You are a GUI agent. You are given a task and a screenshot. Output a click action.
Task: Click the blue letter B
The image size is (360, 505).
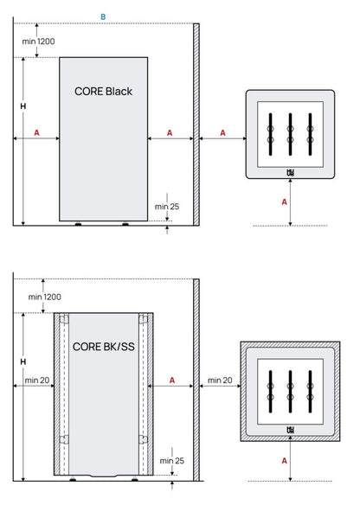(103, 16)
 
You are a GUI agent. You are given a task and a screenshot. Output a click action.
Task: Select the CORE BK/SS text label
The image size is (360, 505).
(104, 347)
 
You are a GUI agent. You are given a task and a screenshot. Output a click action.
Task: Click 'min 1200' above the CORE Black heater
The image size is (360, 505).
(39, 41)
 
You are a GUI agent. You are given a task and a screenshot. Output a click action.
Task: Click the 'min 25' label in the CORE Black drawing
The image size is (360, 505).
(167, 207)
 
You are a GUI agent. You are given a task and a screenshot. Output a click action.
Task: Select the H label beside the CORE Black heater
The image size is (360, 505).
(22, 105)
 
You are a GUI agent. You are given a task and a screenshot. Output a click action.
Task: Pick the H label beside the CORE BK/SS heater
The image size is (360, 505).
(22, 360)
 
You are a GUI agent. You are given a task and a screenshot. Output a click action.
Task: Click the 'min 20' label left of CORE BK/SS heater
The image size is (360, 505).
(37, 380)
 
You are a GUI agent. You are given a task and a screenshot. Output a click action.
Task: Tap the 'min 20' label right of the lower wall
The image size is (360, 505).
(220, 380)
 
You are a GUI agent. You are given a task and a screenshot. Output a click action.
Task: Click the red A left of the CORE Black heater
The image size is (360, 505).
(36, 132)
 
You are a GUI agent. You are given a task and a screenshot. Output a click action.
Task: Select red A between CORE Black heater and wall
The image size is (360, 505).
(169, 132)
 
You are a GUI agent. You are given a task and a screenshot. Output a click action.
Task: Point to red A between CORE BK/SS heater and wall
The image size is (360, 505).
(173, 380)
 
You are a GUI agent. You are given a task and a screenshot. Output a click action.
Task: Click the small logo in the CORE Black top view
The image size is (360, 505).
(290, 171)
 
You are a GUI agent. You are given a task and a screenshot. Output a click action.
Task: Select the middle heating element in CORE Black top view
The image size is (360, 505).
(290, 133)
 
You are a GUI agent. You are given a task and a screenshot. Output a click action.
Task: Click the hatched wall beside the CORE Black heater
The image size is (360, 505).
(196, 121)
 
